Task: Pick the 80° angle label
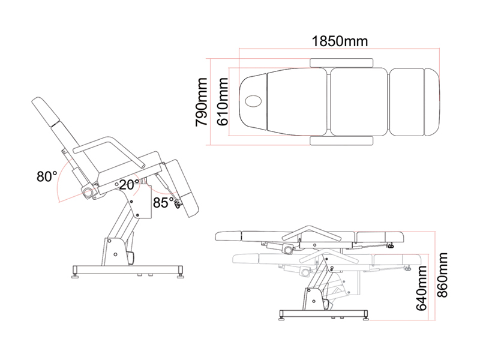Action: tap(46, 176)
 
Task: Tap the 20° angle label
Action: tap(129, 184)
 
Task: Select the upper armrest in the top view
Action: tap(341, 61)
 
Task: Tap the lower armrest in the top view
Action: tap(341, 140)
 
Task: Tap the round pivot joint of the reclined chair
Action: tap(89, 192)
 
